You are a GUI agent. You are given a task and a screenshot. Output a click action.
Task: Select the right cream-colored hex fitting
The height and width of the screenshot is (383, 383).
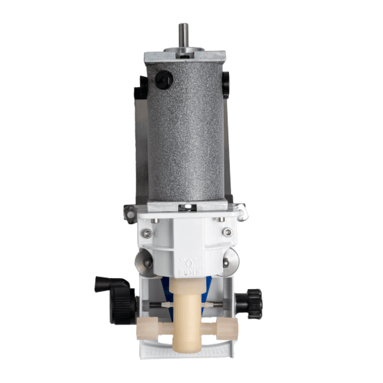tap(227, 328)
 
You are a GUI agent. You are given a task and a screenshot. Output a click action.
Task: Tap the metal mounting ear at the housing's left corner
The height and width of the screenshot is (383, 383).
tap(131, 212)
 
